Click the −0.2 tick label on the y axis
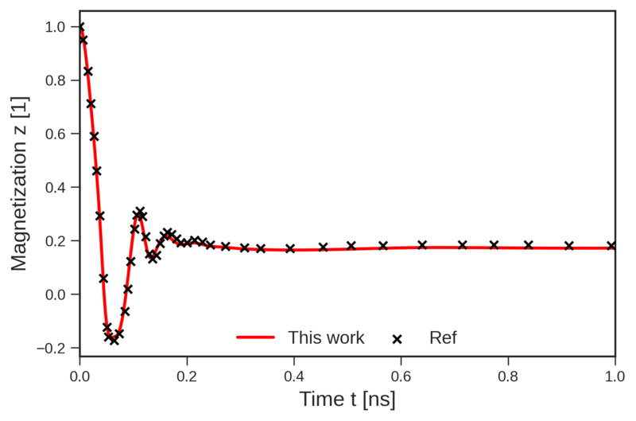(x=54, y=348)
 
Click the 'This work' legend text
(x=326, y=337)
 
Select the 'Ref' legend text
(x=443, y=337)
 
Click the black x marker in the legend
(x=397, y=338)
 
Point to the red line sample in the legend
(x=255, y=338)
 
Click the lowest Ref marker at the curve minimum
(x=114, y=340)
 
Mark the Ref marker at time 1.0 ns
(x=612, y=246)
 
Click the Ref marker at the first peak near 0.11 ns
(x=140, y=212)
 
